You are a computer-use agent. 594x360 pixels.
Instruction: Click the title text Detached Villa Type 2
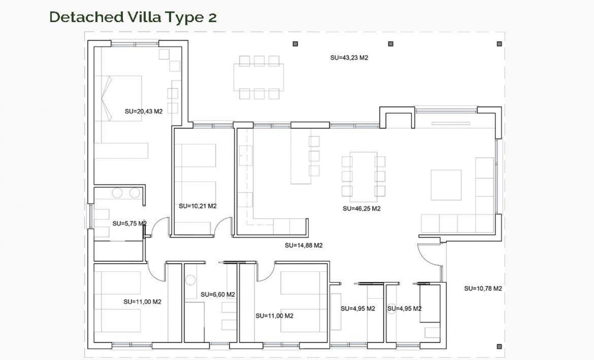[133, 17]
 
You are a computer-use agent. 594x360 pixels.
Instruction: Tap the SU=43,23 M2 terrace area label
[349, 58]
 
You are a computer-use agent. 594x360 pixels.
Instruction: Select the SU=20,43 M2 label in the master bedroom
[143, 112]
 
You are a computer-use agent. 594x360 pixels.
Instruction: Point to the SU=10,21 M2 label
[198, 207]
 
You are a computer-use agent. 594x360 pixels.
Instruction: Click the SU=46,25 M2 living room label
[361, 209]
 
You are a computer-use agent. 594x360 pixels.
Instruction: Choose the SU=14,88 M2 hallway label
[304, 246]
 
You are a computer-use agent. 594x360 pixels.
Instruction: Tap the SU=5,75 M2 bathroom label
[129, 223]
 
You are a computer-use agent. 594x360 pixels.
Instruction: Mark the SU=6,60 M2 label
[218, 295]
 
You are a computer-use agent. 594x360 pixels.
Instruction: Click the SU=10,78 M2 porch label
[483, 288]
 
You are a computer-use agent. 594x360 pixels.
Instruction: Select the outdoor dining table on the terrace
[259, 77]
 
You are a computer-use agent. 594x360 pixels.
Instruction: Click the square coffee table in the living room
[446, 185]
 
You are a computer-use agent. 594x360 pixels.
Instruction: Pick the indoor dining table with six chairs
[363, 176]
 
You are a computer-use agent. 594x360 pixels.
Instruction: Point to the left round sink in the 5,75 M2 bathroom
[117, 193]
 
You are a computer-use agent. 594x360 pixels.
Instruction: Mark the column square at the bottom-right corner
[499, 346]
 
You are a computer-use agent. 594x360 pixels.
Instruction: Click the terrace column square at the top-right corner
[499, 44]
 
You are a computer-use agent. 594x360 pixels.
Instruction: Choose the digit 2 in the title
[212, 17]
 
